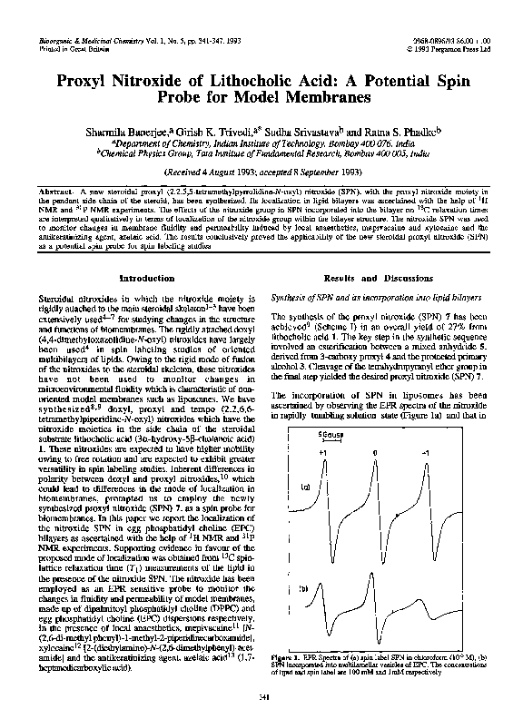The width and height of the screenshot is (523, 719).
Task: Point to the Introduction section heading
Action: point(147,277)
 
